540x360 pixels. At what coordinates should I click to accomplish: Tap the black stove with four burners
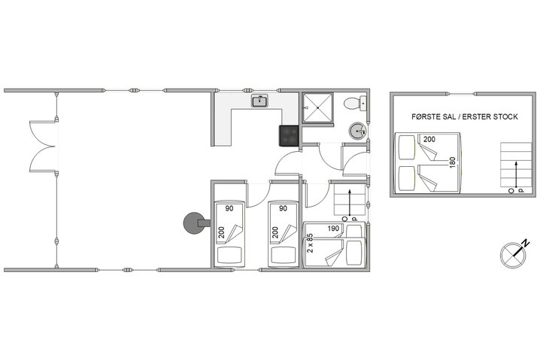tap(290, 136)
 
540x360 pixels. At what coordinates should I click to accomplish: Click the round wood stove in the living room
tap(193, 222)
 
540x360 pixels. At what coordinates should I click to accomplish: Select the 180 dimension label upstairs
tap(452, 163)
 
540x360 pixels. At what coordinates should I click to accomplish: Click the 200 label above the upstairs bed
tap(429, 140)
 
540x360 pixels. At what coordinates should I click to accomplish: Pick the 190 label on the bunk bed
tap(335, 228)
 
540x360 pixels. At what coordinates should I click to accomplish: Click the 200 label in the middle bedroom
tap(276, 233)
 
